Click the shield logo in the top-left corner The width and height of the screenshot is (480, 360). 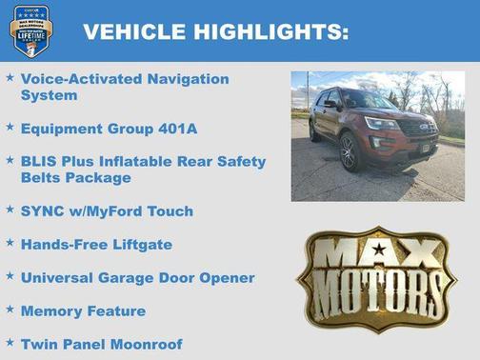[x=30, y=30]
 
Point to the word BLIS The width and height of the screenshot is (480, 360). [x=38, y=161]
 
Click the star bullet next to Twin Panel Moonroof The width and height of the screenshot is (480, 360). [x=10, y=342]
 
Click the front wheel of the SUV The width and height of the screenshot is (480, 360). [x=350, y=152]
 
